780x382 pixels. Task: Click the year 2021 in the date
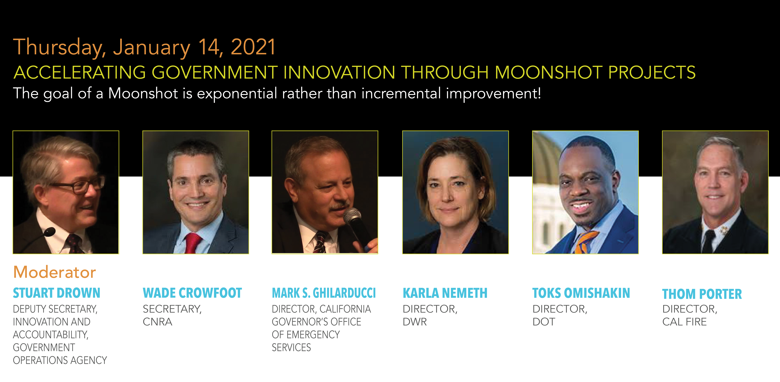253,47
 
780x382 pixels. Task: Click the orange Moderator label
54,272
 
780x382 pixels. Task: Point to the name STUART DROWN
57,293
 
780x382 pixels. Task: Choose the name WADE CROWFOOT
192,293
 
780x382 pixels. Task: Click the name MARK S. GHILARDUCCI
324,293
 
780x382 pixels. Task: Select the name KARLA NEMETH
445,293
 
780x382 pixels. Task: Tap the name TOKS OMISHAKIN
581,293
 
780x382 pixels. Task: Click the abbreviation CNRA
157,322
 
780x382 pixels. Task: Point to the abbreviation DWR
414,322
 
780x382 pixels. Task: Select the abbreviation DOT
544,322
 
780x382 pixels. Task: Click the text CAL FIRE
684,322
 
